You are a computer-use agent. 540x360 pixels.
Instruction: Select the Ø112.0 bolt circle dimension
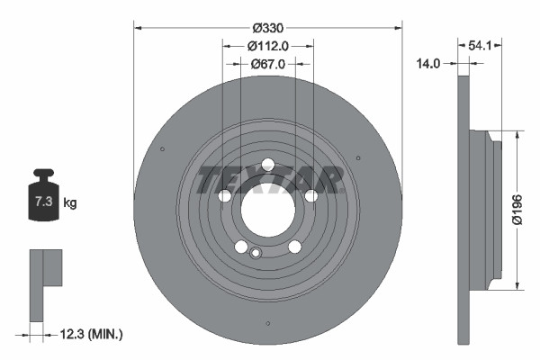pyautogui.click(x=267, y=46)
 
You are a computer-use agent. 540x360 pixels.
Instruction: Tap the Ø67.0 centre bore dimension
pyautogui.click(x=267, y=64)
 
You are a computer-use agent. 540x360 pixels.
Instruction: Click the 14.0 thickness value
pyautogui.click(x=428, y=64)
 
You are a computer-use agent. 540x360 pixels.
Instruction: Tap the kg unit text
pyautogui.click(x=70, y=202)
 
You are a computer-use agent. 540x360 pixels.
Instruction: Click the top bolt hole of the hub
pyautogui.click(x=267, y=164)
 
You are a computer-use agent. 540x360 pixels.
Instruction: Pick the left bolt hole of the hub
pyautogui.click(x=224, y=196)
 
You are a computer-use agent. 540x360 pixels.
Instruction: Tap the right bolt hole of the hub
pyautogui.click(x=311, y=196)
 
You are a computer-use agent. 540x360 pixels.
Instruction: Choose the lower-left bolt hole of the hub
pyautogui.click(x=240, y=247)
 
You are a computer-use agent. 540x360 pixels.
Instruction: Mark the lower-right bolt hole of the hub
pyautogui.click(x=294, y=247)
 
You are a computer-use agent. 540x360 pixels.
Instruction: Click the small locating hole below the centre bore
pyautogui.click(x=256, y=253)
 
